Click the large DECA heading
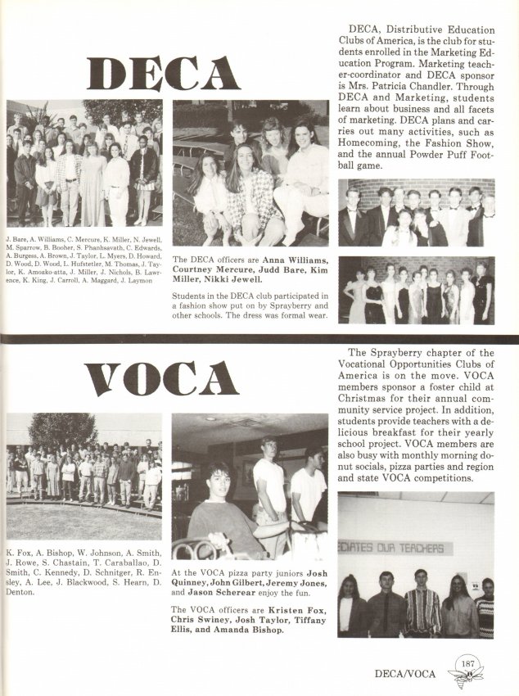point(163,73)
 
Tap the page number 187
point(469,664)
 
